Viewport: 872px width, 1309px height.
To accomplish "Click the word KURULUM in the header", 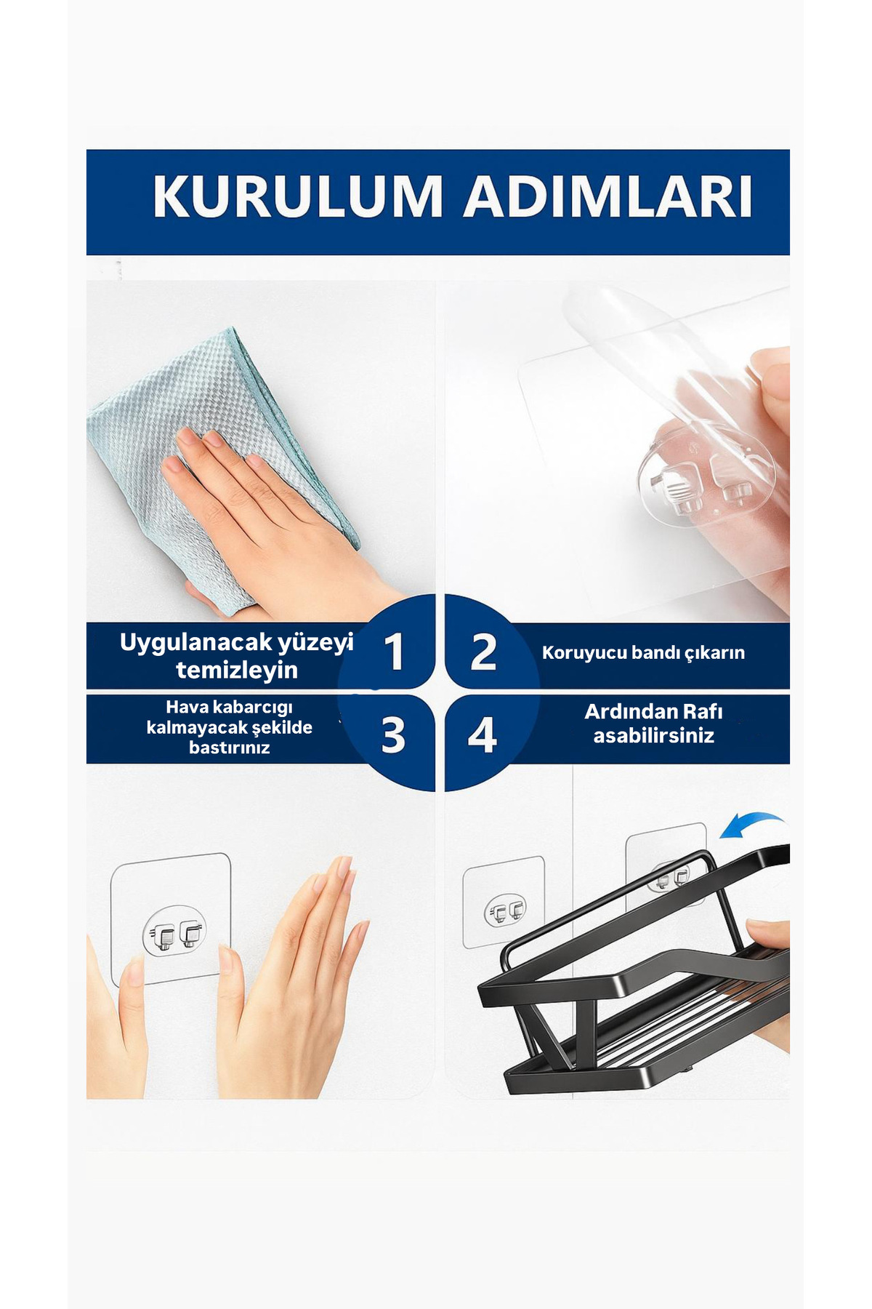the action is tap(298, 196).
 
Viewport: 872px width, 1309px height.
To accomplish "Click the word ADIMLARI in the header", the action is tap(608, 196).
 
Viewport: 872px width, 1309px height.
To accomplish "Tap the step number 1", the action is tap(394, 651).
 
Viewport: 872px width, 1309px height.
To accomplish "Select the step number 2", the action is tap(483, 652).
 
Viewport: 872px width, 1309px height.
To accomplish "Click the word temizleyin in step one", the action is tap(237, 670).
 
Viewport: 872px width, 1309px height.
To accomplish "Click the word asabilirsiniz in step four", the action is tap(654, 735).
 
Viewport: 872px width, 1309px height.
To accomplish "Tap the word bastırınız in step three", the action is tap(230, 748).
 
